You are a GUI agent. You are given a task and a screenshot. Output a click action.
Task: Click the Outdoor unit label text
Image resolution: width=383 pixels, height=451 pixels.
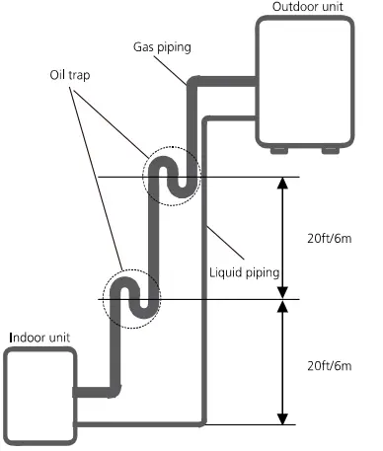308,7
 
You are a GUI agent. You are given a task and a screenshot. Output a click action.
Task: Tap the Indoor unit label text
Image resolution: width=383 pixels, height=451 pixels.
39,338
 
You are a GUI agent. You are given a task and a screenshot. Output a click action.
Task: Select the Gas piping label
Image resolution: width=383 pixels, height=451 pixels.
162,47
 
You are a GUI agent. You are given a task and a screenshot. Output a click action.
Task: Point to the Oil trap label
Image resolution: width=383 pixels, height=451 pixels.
70,75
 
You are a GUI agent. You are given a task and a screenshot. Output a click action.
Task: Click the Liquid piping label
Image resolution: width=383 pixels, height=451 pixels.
245,272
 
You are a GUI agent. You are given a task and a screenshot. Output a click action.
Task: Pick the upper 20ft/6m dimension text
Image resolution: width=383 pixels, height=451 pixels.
330,238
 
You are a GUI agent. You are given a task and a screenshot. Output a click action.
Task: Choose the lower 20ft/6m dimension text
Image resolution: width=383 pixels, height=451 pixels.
330,366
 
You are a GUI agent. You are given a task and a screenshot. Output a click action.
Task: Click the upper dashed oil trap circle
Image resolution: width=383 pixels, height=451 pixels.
143,176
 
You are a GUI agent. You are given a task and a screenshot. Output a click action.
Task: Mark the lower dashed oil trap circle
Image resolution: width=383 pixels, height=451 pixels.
103,299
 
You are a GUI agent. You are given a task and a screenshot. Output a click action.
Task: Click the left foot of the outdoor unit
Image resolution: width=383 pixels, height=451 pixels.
279,150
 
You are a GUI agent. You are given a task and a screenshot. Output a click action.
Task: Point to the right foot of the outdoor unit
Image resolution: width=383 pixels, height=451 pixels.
331,150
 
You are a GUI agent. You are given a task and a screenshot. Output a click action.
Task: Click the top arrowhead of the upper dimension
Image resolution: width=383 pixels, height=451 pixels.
282,182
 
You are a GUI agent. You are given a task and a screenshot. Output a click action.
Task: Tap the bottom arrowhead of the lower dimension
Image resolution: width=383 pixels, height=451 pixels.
282,419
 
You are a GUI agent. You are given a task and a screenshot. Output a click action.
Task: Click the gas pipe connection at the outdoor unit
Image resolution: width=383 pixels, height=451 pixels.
255,81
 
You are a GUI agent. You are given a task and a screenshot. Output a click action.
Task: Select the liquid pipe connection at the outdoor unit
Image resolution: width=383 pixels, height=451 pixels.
255,118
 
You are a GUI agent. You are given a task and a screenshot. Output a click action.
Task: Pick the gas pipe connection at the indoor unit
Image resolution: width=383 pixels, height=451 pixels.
75,392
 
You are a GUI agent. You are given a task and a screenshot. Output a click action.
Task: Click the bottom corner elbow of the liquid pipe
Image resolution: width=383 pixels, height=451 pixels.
203,423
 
